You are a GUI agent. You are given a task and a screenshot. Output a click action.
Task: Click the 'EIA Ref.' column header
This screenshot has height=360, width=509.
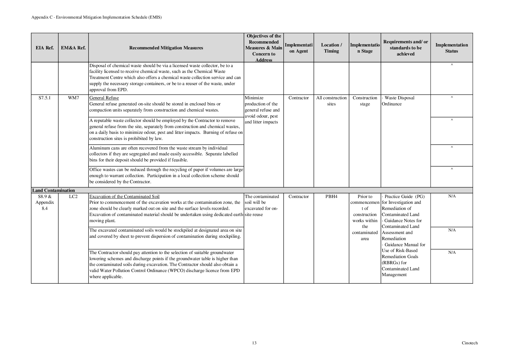click(x=44, y=48)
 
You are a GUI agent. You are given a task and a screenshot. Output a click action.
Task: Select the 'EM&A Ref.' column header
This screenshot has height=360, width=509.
click(x=73, y=48)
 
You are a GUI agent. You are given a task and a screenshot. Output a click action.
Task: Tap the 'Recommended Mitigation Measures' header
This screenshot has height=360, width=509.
click(x=166, y=48)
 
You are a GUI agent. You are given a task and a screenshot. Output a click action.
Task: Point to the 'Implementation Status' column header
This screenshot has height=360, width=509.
click(x=452, y=48)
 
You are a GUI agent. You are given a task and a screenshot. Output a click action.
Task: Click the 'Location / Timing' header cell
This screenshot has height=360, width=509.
click(x=331, y=48)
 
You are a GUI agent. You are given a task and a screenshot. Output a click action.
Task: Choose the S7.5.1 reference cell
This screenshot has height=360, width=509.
click(x=44, y=98)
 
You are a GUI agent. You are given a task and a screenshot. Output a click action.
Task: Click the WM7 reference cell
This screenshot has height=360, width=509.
click(x=73, y=98)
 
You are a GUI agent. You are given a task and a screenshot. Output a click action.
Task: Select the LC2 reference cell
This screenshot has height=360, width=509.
click(x=73, y=197)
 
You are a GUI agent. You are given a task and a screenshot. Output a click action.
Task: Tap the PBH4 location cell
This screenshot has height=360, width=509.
click(x=331, y=197)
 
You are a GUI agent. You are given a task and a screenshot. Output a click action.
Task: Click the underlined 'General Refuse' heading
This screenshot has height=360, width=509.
click(x=104, y=98)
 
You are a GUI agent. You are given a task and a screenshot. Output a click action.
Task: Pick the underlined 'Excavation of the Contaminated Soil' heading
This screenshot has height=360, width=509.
click(x=124, y=197)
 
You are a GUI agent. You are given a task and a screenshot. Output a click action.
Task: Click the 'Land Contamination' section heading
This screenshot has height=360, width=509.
click(x=53, y=190)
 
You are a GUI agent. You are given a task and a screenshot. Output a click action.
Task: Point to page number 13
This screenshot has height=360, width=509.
click(x=254, y=343)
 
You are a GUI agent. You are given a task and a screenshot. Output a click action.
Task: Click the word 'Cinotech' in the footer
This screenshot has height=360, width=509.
click(x=470, y=343)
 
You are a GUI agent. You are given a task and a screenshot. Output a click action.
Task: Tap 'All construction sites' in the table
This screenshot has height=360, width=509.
click(x=331, y=101)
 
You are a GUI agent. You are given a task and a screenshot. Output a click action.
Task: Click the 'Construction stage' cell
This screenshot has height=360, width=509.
click(x=365, y=101)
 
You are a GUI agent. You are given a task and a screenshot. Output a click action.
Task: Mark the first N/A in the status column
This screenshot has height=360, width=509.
click(x=452, y=196)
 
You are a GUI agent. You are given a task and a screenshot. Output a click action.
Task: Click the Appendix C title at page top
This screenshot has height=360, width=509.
click(x=96, y=17)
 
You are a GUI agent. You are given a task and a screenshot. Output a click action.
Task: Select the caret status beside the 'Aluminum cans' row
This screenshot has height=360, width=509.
click(x=452, y=148)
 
